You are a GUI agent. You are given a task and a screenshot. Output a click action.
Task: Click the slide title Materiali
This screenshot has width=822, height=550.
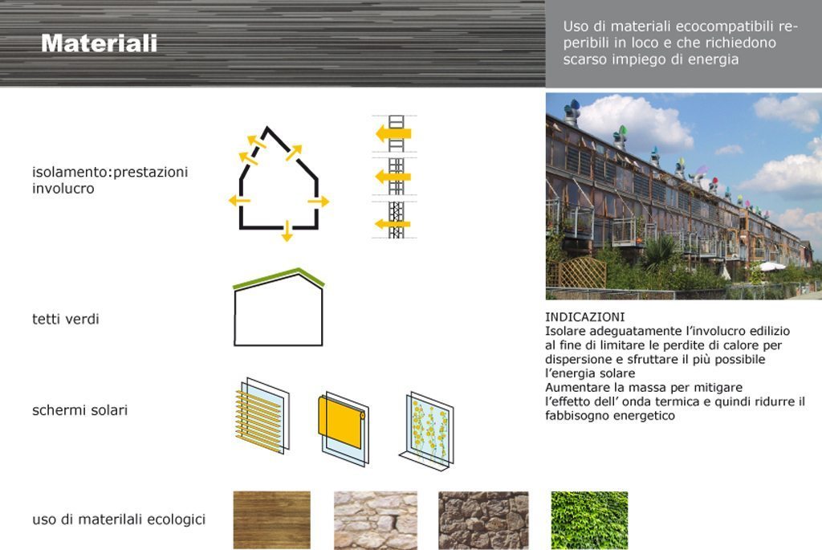[99, 43]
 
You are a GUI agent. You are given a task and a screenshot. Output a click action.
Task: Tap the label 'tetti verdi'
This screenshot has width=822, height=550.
[66, 319]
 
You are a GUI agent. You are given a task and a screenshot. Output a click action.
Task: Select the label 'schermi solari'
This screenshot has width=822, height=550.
[79, 410]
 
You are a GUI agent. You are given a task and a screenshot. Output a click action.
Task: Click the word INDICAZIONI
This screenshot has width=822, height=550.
[584, 317]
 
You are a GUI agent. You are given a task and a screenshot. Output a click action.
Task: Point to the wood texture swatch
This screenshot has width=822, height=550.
[271, 519]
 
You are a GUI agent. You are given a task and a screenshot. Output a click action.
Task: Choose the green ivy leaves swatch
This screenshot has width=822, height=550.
[589, 519]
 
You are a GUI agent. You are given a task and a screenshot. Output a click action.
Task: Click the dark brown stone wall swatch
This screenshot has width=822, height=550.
[483, 519]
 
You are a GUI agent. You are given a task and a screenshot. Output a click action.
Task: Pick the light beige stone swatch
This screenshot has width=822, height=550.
[376, 519]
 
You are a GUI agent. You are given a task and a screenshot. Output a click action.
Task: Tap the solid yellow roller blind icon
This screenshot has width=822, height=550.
[343, 427]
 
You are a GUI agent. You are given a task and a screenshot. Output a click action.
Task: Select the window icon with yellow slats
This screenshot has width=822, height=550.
[261, 415]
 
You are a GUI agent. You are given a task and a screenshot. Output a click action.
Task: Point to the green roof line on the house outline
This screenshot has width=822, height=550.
[279, 279]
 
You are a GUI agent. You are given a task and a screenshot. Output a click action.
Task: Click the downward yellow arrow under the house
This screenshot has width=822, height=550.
[287, 231]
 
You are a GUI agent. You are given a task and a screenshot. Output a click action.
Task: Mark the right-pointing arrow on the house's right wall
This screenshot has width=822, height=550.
[318, 202]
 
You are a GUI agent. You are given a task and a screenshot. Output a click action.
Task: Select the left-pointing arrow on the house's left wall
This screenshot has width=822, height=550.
[239, 200]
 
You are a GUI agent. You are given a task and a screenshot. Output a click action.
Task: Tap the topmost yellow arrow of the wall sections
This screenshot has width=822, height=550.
[393, 133]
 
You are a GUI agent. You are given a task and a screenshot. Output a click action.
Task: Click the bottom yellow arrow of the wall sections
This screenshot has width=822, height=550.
[393, 224]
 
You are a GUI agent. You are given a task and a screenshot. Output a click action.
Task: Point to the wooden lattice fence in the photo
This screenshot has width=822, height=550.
[576, 272]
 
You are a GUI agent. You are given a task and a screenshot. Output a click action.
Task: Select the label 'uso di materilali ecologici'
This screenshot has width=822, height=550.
[119, 519]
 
